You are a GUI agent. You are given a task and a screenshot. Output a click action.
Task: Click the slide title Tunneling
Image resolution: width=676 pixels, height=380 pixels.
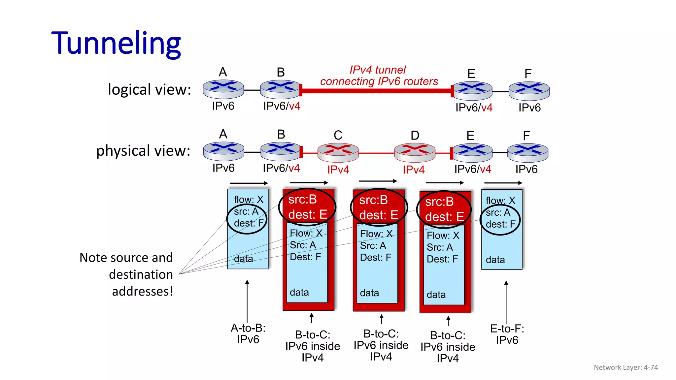[x=116, y=43]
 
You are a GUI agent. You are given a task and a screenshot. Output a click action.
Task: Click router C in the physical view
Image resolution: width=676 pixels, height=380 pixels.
[x=338, y=152]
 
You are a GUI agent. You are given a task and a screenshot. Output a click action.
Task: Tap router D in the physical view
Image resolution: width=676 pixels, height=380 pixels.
[x=415, y=152]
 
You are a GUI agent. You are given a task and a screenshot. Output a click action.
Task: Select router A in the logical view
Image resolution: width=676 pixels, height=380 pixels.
[x=223, y=89]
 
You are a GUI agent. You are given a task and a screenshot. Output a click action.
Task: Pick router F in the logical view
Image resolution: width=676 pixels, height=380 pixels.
[x=529, y=91]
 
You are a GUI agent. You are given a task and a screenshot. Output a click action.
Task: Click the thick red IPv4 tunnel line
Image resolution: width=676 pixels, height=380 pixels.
[x=376, y=91]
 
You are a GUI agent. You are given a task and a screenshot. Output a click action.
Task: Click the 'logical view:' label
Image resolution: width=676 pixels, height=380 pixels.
[x=150, y=90]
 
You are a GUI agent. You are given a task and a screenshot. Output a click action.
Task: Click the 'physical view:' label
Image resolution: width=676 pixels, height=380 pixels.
[x=143, y=151]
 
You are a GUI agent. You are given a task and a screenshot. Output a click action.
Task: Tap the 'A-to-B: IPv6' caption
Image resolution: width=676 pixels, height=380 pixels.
[x=248, y=333]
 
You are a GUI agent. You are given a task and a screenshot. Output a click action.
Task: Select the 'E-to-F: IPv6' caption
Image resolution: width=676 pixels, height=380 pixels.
[x=507, y=334]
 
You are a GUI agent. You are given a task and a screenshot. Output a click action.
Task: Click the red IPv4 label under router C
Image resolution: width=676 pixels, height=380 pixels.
[x=338, y=170]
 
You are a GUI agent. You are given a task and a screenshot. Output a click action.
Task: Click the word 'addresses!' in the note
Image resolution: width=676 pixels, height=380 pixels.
[x=142, y=291]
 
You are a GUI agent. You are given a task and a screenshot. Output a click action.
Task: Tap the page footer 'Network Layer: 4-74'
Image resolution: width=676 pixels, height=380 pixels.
[x=625, y=367]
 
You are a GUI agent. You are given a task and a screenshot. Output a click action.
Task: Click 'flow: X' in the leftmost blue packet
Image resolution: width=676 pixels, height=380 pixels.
[x=249, y=200]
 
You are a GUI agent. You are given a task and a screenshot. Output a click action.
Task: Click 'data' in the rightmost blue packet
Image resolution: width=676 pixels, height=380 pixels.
[x=495, y=260]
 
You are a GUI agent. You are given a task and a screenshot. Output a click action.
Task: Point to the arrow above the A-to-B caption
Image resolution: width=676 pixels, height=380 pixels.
[x=247, y=300]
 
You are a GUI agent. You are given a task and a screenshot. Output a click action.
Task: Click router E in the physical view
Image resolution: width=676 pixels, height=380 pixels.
[x=472, y=153]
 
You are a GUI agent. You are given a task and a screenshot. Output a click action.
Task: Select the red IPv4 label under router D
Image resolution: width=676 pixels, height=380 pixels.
[x=414, y=170]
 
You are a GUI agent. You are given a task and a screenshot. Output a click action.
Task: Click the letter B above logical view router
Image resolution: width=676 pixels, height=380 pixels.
[x=281, y=72]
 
